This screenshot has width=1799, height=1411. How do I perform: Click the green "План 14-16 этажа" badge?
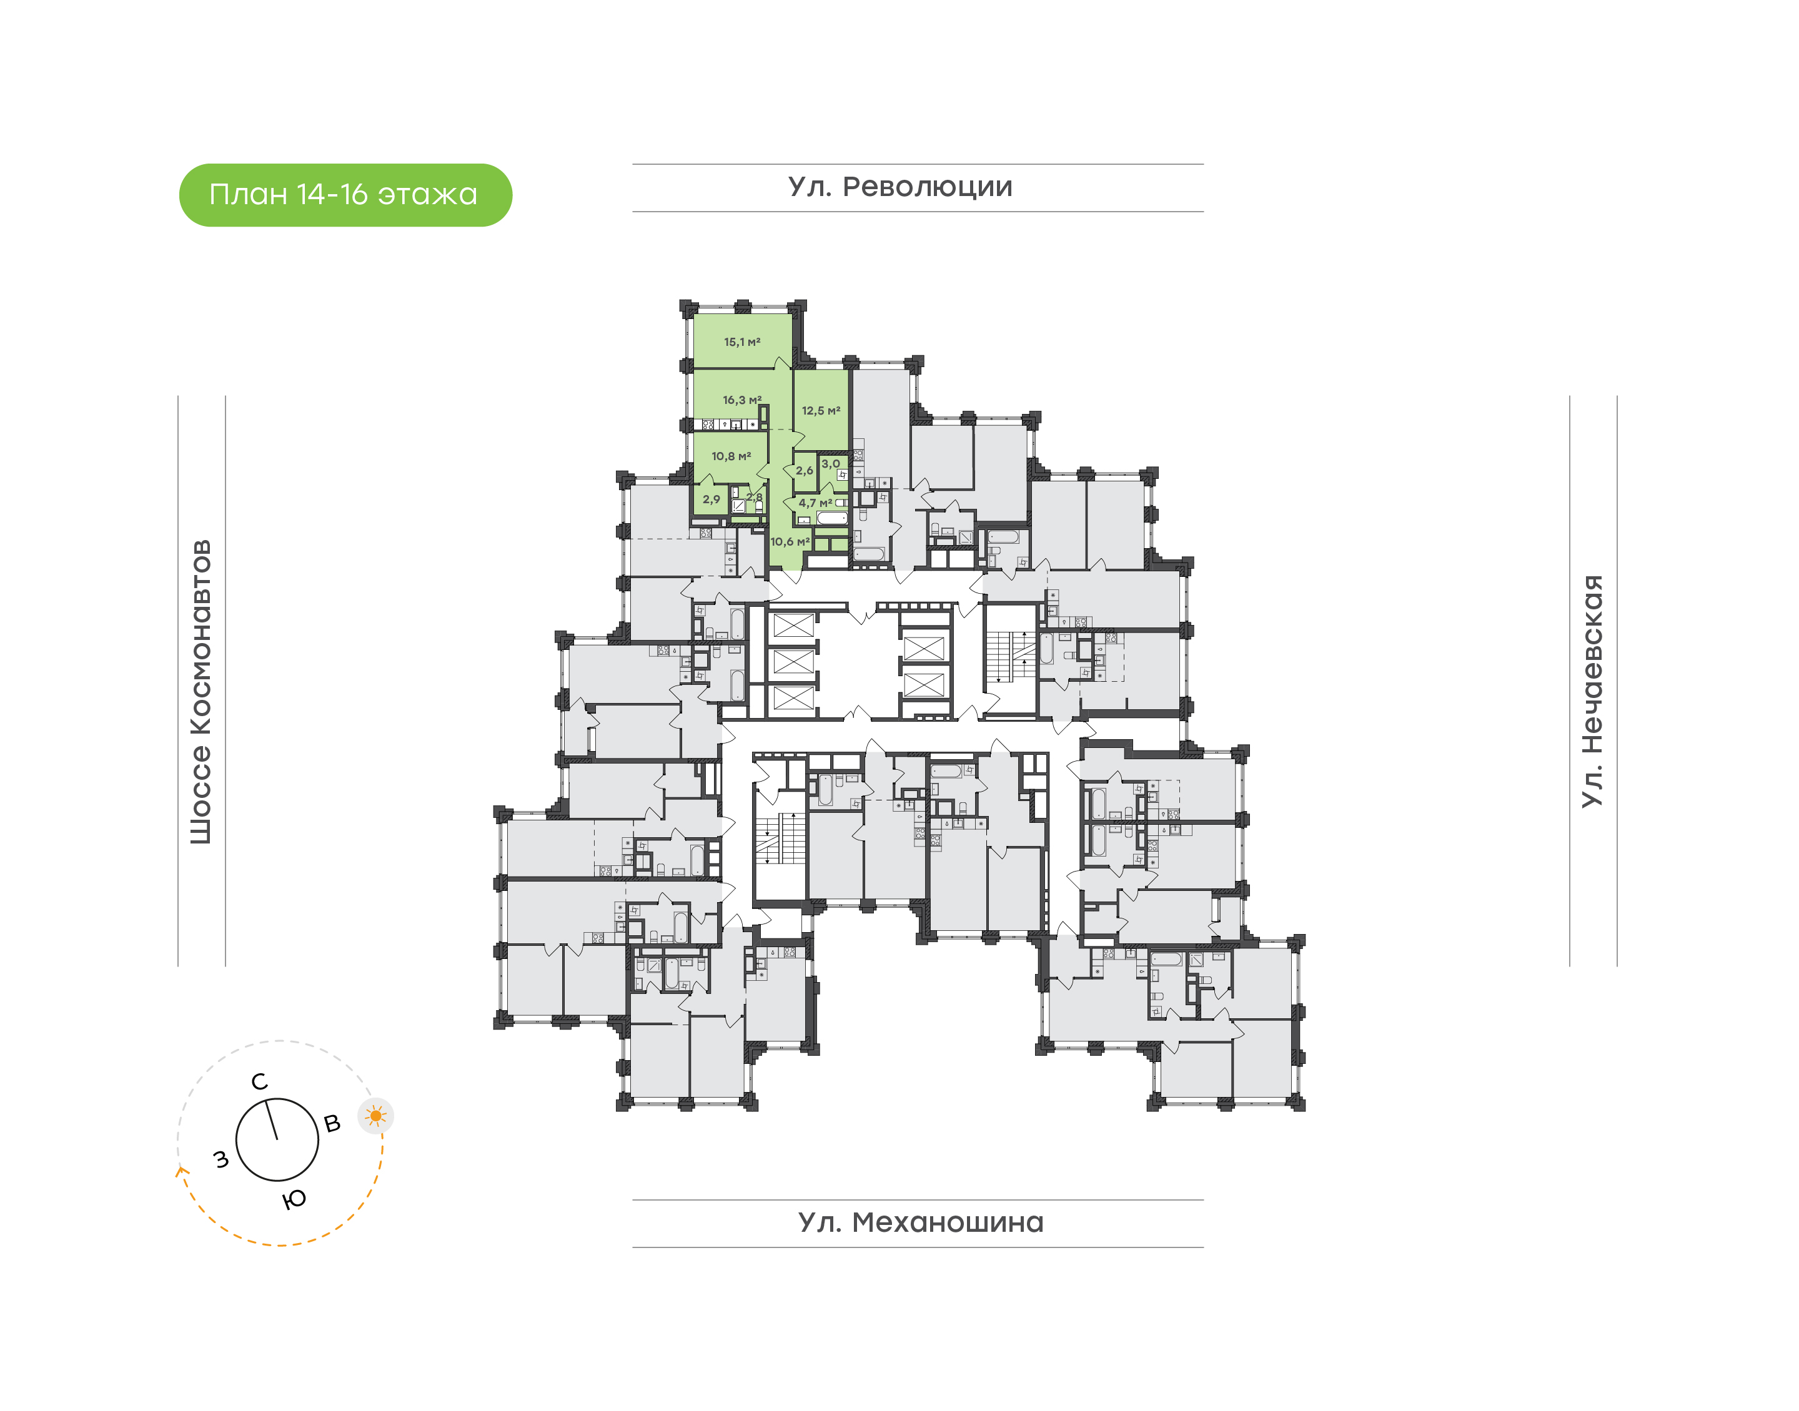tap(345, 195)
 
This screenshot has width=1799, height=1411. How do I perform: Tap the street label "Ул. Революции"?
tap(900, 187)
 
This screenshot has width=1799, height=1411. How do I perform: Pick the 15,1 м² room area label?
tap(741, 342)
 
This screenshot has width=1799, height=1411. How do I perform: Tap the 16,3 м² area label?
tap(741, 400)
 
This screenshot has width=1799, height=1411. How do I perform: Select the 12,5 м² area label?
tap(821, 411)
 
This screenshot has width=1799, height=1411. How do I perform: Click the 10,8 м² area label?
tap(730, 456)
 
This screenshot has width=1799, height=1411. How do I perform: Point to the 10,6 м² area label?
tap(789, 542)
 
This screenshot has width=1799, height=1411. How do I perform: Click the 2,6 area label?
tap(804, 471)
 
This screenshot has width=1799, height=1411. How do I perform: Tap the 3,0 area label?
tap(830, 465)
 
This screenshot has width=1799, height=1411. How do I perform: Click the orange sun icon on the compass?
tap(376, 1117)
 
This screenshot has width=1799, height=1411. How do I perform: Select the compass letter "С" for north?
tap(259, 1082)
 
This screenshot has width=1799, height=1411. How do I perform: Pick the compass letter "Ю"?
tap(294, 1199)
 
